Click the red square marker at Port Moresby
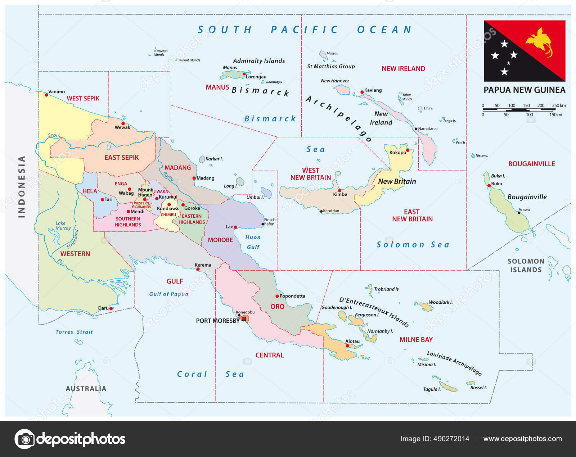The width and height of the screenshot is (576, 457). coord(244,318)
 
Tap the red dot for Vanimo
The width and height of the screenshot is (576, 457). coord(46,95)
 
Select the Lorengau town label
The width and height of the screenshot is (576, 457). coord(256,77)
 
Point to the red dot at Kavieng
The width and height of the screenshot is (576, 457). coord(362,92)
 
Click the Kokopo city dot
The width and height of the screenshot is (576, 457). coord(408,150)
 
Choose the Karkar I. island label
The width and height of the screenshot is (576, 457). coord(214,159)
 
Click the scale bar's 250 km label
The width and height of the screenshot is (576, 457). coord(559,105)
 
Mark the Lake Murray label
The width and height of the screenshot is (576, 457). coord(63,226)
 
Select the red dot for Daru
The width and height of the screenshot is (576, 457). coord(111,309)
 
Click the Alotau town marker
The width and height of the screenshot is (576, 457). coord(347,346)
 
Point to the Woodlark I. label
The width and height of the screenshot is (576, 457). coord(440,302)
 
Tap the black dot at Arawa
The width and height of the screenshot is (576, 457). coord(519,213)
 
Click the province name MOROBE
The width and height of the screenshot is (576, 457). coord(220,240)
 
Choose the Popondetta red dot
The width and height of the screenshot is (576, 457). coord(277,296)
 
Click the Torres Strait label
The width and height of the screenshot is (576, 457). coord(74,332)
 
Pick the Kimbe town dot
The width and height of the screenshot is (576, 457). coord(339,190)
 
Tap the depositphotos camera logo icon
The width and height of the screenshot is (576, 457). coord(25,439)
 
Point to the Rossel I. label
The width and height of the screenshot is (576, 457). coord(478,388)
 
